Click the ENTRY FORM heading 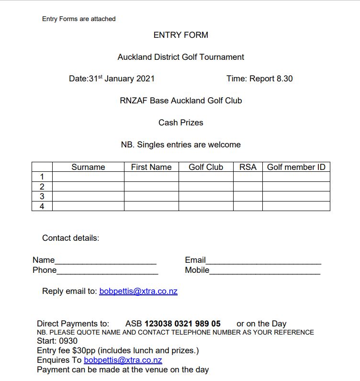180,35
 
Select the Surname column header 88,167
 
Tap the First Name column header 151,167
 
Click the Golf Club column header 206,167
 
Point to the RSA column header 247,167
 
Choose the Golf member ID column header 296,167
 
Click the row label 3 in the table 42,196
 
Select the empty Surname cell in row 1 88,177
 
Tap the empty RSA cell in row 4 247,206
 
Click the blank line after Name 105,261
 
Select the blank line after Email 263,261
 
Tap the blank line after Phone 107,271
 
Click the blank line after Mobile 265,271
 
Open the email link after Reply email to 138,291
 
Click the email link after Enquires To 123,360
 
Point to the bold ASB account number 182,324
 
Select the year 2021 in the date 145,78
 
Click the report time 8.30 284,78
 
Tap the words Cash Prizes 180,123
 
